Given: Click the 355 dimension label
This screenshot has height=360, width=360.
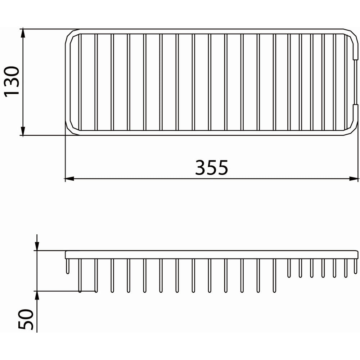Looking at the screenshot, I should pos(212,167).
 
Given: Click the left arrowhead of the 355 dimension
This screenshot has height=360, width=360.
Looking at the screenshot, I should pos(69,179).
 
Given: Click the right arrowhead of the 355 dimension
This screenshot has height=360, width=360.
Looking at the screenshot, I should pos(354,179).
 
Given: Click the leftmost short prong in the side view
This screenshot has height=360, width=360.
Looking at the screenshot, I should pos(67,266).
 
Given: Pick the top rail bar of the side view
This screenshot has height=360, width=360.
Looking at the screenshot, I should pos(212,255).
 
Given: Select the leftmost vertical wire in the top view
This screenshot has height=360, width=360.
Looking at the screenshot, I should pos(80,82).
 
